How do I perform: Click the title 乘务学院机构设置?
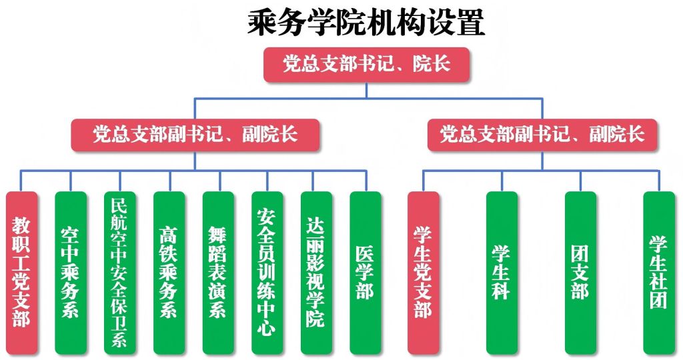tap(366, 23)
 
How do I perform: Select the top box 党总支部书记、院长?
tap(366, 65)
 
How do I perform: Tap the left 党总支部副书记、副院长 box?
tap(195, 135)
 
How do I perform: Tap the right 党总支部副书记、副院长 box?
tap(542, 135)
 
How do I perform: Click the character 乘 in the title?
tap(262, 23)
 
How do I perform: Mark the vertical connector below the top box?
tap(366, 90)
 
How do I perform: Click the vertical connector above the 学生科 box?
tap(502, 181)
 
